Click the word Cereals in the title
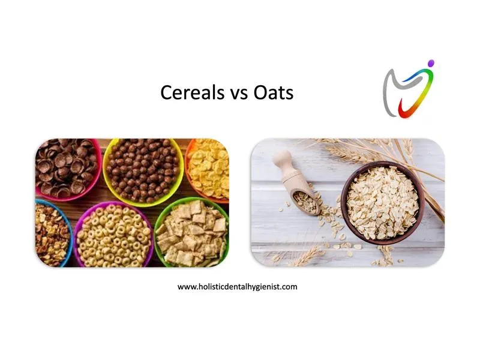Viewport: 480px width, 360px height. point(193,92)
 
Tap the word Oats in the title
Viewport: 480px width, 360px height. point(274,92)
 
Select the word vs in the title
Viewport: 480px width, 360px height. point(239,94)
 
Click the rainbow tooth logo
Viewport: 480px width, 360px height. point(409,89)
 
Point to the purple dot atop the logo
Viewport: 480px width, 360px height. point(431,63)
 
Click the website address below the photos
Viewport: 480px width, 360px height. point(237,287)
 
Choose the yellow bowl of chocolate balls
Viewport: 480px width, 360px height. point(143,172)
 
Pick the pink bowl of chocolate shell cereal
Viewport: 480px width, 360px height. point(67,169)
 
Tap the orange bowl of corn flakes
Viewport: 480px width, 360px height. point(208,170)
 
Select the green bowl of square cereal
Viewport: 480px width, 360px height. point(192,233)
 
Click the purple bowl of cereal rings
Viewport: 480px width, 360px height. point(113,235)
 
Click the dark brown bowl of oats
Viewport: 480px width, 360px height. point(383,203)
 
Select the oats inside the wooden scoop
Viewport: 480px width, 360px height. point(305,202)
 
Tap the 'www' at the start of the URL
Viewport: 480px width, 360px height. point(187,287)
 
